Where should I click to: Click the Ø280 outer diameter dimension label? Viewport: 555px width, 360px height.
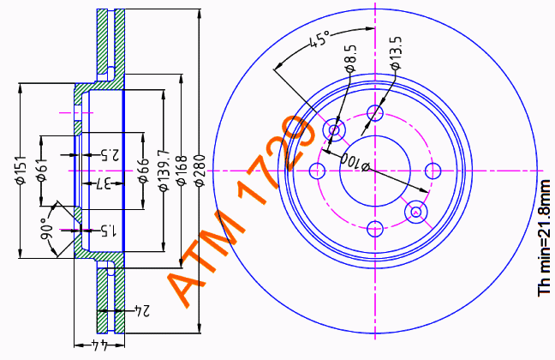click(x=200, y=170)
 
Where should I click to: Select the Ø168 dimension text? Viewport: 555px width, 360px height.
click(x=182, y=170)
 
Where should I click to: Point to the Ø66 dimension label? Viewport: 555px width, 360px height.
click(x=143, y=171)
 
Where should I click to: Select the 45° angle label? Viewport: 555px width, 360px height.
click(x=319, y=39)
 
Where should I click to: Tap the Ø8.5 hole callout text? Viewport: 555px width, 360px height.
click(x=350, y=59)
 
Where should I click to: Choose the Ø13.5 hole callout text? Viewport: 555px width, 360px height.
click(x=396, y=53)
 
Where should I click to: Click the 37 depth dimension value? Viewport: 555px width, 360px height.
click(x=104, y=183)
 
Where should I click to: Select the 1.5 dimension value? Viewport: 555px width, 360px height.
click(x=108, y=231)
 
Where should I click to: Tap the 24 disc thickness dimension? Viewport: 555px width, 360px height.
click(x=142, y=310)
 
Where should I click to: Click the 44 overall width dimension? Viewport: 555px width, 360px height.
click(x=99, y=345)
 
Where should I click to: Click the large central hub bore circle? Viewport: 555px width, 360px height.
click(x=375, y=135)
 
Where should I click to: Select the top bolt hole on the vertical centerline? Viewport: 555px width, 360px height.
click(x=375, y=113)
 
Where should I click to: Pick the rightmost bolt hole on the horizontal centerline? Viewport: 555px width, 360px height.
click(x=433, y=171)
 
